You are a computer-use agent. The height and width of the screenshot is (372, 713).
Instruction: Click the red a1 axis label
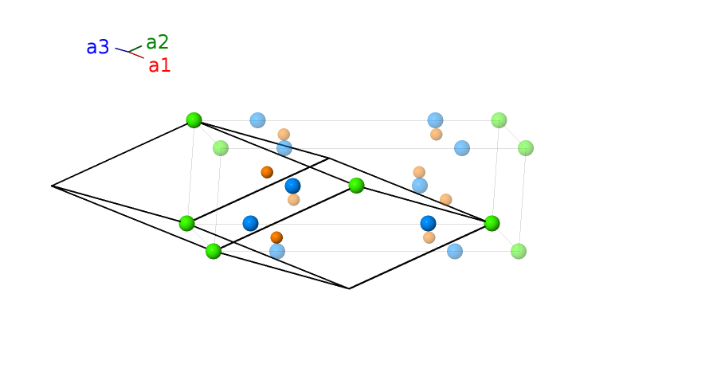click(x=159, y=65)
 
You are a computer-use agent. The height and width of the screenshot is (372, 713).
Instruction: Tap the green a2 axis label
click(x=157, y=43)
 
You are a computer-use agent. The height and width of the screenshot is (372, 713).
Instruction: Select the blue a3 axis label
click(x=97, y=48)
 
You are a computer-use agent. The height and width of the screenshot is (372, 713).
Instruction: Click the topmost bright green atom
click(x=194, y=120)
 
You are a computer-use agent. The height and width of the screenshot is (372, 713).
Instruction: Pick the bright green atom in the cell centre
click(x=356, y=186)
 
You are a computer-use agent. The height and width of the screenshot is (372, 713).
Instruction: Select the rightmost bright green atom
click(x=492, y=224)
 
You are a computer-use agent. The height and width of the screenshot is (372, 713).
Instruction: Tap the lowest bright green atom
click(x=213, y=251)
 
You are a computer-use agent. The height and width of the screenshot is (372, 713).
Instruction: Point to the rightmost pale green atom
click(x=525, y=147)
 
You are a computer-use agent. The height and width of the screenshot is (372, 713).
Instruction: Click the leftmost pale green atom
click(x=221, y=148)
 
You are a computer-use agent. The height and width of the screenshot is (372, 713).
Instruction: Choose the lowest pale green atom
click(x=518, y=251)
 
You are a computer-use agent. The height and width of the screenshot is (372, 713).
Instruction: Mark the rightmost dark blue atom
click(x=428, y=223)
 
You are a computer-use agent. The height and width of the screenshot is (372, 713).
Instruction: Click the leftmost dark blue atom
click(x=250, y=223)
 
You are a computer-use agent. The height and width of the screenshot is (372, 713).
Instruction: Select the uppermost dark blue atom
click(x=292, y=186)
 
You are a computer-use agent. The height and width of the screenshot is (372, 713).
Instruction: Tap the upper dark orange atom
click(x=267, y=172)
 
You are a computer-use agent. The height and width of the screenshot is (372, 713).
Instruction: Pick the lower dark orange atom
click(x=276, y=237)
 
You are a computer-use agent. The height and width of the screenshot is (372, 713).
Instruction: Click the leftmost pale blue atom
click(x=257, y=120)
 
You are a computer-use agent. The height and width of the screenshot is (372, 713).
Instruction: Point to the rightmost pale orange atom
click(x=445, y=199)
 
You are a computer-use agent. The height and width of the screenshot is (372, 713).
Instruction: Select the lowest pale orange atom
click(x=429, y=237)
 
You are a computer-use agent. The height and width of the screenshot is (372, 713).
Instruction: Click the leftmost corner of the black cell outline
click(x=53, y=186)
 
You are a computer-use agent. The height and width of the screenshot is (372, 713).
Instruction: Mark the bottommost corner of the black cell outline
click(x=349, y=288)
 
